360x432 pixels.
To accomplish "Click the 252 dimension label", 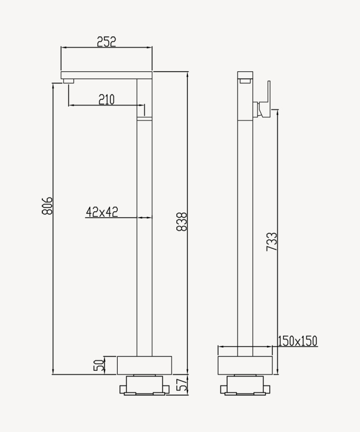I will pyautogui.click(x=106, y=42).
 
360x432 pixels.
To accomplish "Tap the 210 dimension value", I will pyautogui.click(x=106, y=99).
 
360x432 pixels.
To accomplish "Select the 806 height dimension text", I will pyautogui.click(x=47, y=205).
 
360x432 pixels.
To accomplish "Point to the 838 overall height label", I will pyautogui.click(x=181, y=221).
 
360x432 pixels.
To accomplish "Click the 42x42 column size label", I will pyautogui.click(x=102, y=212).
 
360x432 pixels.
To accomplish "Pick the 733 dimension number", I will pyautogui.click(x=271, y=241).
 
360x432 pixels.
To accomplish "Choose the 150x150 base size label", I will pyautogui.click(x=298, y=341).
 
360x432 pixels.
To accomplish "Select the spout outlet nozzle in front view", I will pyautogui.click(x=69, y=80).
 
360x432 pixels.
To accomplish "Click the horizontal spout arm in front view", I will pyautogui.click(x=106, y=75).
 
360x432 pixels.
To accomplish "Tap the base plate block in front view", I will pyautogui.click(x=145, y=365).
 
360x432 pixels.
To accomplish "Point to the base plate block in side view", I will pyautogui.click(x=245, y=365).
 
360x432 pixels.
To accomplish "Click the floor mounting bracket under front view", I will pyautogui.click(x=145, y=385).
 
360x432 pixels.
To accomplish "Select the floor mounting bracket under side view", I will pyautogui.click(x=245, y=385).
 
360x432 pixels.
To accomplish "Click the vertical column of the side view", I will pyautogui.click(x=245, y=222).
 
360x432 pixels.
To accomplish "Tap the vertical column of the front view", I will pyautogui.click(x=145, y=238).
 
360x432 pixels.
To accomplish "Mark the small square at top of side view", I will pyautogui.click(x=245, y=81).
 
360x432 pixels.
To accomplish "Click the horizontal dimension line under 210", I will pyautogui.click(x=106, y=106).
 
